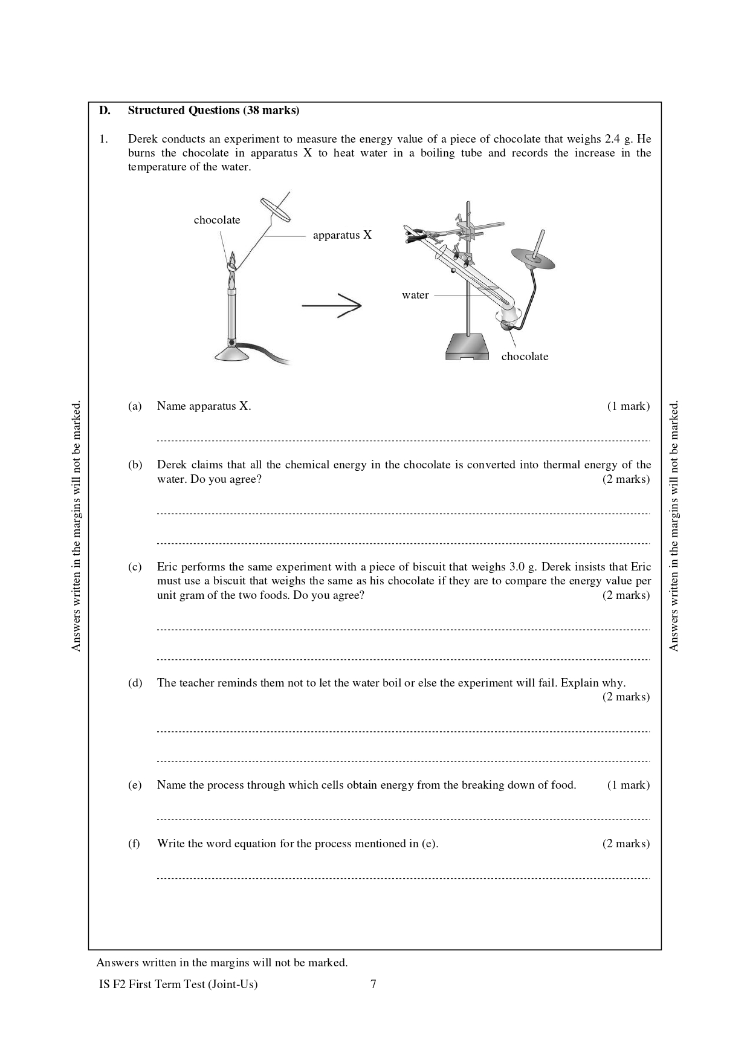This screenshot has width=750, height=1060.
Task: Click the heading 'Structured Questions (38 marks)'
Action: [213, 111]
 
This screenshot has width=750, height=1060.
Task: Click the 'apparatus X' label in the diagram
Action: [342, 235]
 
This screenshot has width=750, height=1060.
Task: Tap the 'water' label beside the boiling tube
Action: [415, 295]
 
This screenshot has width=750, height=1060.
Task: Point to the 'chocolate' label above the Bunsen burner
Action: [217, 220]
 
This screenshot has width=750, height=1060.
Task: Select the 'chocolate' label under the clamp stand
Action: [525, 357]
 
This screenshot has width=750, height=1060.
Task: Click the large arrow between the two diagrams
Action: [332, 306]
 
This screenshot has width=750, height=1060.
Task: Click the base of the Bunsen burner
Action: [231, 355]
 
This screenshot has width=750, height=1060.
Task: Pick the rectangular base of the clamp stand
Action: [467, 347]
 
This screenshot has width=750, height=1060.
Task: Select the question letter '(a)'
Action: [135, 406]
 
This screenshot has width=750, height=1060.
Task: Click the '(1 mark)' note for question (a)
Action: [628, 406]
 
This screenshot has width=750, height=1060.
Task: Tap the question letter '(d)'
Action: [135, 683]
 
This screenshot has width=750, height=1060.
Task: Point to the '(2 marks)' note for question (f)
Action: [626, 844]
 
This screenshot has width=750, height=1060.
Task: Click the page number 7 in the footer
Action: [373, 984]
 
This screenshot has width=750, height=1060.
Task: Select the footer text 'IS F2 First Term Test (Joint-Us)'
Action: [178, 984]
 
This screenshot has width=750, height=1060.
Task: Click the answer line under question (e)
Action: [403, 819]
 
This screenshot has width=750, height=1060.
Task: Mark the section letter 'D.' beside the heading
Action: [105, 111]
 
